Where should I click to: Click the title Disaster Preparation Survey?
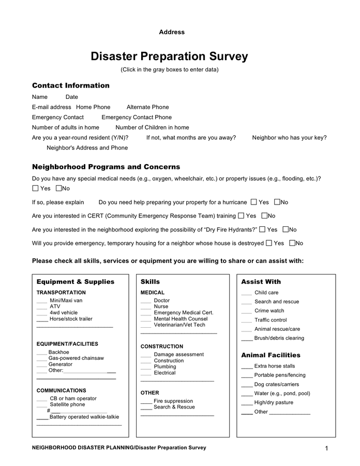[169, 56]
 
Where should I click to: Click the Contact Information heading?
[71, 85]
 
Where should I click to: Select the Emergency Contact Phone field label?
[137, 118]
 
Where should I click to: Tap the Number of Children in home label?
[152, 127]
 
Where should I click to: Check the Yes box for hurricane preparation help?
[254, 202]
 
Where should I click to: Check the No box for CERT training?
[265, 216]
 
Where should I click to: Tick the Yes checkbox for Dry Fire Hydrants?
[262, 229]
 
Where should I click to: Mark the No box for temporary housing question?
[293, 243]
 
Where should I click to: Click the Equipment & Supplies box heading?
[76, 282]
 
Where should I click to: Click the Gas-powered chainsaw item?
[76, 358]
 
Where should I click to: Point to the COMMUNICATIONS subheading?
[61, 390]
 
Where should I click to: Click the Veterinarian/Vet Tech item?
[179, 325]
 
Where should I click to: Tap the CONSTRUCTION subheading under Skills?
[161, 346]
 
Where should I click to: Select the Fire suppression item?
[173, 401]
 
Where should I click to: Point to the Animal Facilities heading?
[271, 355]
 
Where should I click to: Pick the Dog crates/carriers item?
[276, 384]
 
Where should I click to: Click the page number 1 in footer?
[326, 448]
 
